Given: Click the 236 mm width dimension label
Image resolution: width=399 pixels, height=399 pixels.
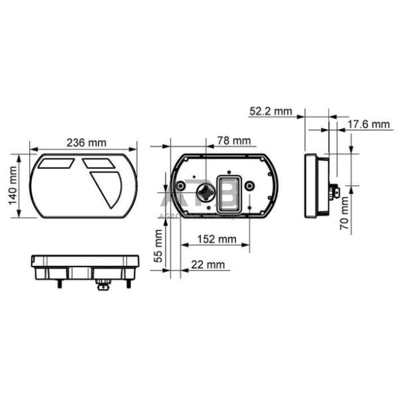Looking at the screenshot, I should tap(86, 142).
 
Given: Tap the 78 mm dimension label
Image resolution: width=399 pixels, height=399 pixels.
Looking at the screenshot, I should tap(233, 141).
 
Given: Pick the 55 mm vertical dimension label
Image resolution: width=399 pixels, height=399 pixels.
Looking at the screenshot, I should tap(159, 246).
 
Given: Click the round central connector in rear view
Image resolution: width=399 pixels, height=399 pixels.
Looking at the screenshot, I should tap(203, 193).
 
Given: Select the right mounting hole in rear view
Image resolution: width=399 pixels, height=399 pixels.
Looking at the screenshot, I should tap(250, 185).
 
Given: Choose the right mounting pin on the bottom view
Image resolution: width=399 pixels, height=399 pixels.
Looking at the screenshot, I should tap(129, 283).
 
